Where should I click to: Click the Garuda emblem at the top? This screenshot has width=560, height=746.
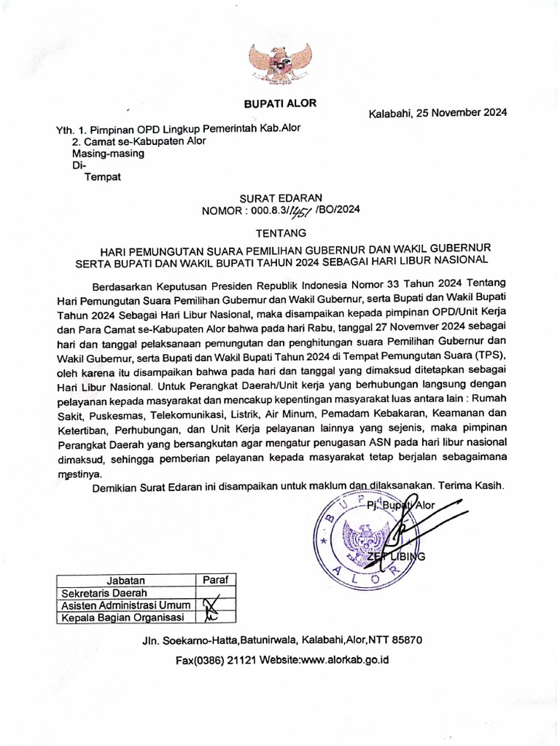coord(280,64)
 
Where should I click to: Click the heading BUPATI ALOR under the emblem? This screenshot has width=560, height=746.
coord(280,103)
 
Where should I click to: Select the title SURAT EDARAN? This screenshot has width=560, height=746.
coord(280,197)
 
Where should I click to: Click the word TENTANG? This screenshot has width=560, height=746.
coord(280,233)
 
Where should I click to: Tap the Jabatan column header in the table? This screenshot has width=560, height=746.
coord(125,581)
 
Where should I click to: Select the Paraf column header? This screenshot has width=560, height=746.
coord(215,580)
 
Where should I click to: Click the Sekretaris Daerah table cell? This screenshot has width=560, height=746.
coord(104,593)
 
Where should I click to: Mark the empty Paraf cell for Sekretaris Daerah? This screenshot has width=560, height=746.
coord(215,593)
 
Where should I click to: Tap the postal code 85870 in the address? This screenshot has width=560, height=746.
coord(407,640)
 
